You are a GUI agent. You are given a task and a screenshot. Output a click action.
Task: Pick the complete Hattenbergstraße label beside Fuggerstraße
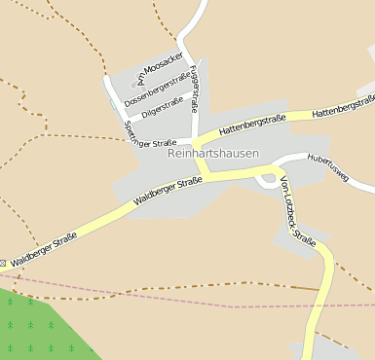tap(252, 124)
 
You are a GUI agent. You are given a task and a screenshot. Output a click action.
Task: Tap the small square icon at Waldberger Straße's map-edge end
tap(3, 263)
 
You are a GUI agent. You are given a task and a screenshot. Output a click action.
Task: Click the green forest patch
tap(39, 326)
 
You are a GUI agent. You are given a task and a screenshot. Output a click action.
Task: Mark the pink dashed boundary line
tap(195, 295)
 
